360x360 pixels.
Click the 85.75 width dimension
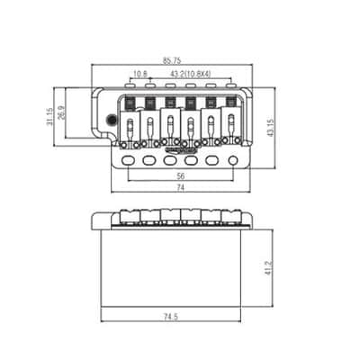(x=172, y=60)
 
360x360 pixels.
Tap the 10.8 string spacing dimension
(x=140, y=74)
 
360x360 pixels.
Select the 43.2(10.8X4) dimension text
(x=191, y=74)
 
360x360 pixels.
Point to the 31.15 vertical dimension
(x=49, y=116)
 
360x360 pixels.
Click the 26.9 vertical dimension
(x=61, y=112)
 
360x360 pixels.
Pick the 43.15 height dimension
(x=271, y=128)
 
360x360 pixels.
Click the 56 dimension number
(x=181, y=176)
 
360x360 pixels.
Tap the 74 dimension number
(x=180, y=188)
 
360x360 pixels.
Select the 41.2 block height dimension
(x=268, y=268)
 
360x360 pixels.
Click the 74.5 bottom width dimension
(x=171, y=317)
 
